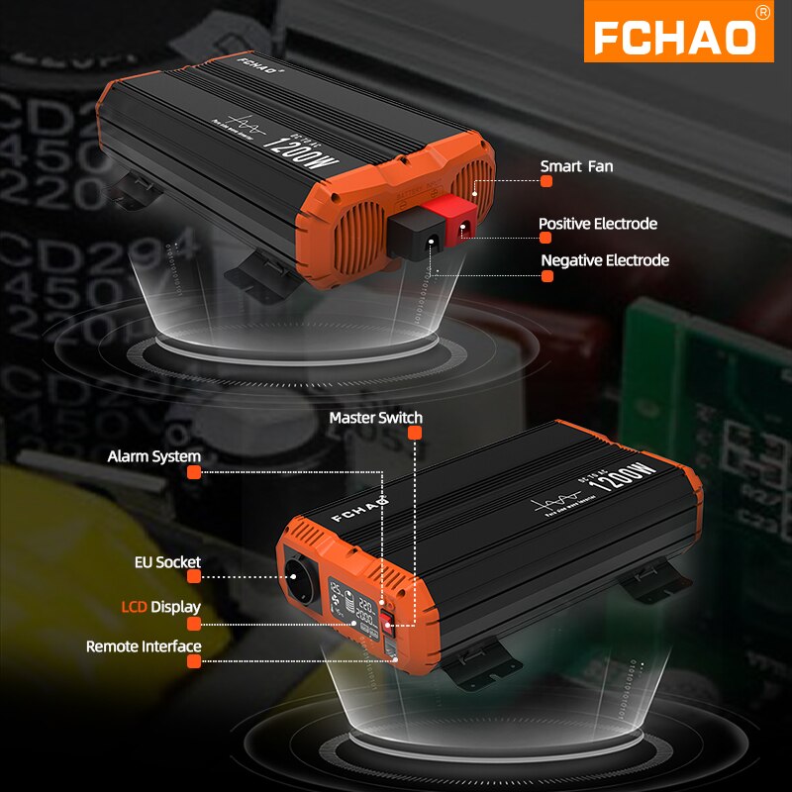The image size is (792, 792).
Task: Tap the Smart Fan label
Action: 576,166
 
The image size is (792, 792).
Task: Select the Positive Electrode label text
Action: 597,224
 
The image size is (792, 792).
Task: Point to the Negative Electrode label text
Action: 605,260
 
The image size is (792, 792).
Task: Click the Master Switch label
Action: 375,417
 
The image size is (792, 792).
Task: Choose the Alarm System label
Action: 153,456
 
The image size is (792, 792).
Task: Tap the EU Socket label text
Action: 167,562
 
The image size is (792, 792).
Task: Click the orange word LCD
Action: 134,606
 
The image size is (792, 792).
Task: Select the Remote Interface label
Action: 144,646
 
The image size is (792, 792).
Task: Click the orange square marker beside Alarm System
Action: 194,472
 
